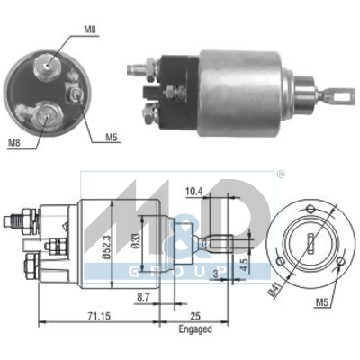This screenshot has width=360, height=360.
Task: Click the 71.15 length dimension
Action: [x=99, y=316]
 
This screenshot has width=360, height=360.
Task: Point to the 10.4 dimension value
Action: [x=194, y=191]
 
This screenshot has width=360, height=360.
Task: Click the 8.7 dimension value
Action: [x=144, y=297]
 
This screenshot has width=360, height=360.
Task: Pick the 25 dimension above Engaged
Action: [x=195, y=316]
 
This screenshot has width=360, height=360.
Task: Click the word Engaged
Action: [x=195, y=329]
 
